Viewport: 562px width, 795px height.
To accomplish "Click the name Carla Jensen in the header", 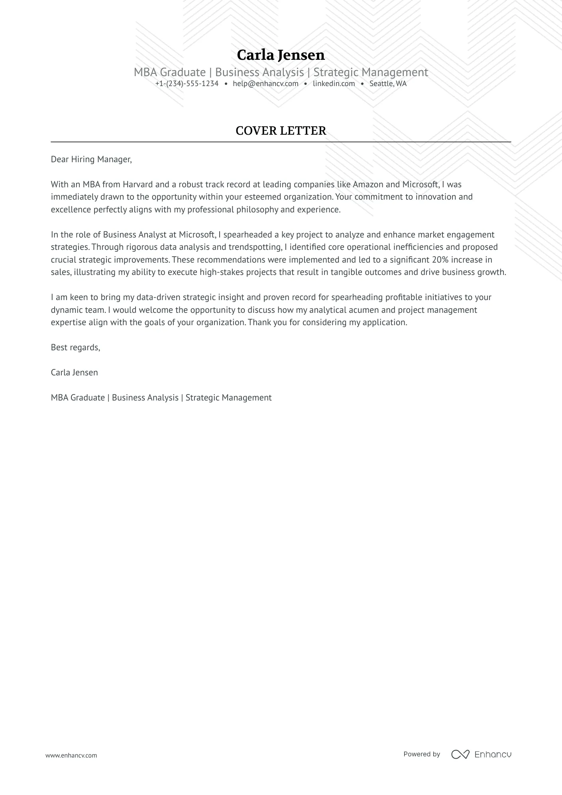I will (281, 55).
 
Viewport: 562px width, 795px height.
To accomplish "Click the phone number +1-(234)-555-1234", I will (187, 84).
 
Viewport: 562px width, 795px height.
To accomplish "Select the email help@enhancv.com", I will (265, 84).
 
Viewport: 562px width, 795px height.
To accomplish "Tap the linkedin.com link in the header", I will (334, 84).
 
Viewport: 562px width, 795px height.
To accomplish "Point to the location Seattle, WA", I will (388, 84).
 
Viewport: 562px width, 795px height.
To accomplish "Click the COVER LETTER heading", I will (281, 131).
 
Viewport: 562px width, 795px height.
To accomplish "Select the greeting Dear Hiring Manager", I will (91, 159).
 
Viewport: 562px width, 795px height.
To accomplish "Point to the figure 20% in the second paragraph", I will (440, 260).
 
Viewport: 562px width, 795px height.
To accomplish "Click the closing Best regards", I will (75, 347).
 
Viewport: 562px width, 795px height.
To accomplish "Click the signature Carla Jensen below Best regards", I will (74, 373).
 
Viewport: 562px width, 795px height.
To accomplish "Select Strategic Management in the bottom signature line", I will (228, 398).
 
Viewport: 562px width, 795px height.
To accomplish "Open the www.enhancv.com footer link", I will (71, 755).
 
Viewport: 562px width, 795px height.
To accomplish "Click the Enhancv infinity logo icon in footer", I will (460, 754).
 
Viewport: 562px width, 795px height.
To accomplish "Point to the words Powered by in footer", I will (421, 754).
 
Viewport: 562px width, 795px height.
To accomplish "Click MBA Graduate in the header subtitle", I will (169, 72).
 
